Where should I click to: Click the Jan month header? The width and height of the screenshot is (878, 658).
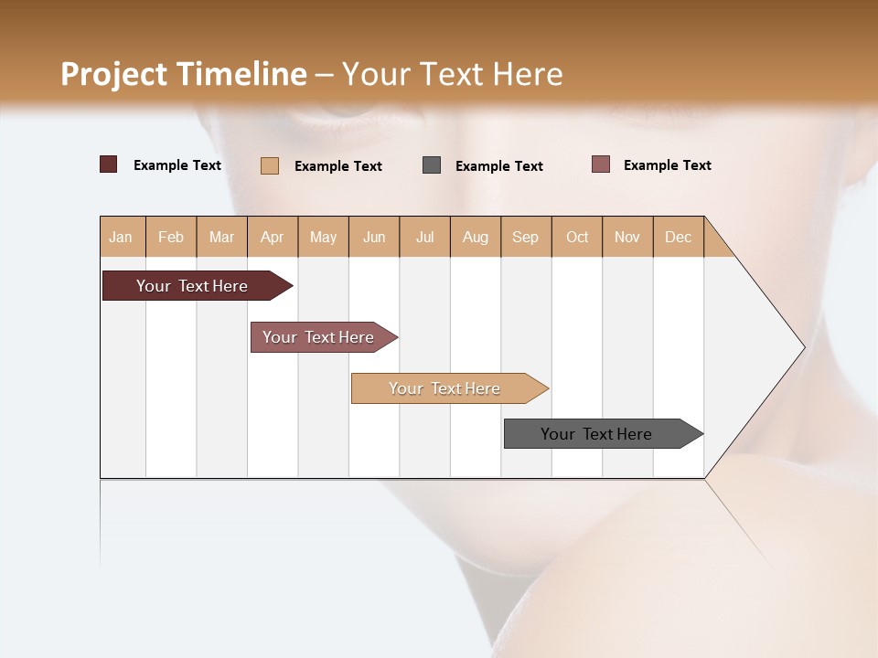pyautogui.click(x=121, y=237)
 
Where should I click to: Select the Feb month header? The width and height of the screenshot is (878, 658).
pyautogui.click(x=171, y=237)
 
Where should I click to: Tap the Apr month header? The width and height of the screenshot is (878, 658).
pyautogui.click(x=272, y=237)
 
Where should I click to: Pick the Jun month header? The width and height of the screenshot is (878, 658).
pyautogui.click(x=374, y=237)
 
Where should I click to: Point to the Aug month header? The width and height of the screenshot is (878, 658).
pyautogui.click(x=475, y=237)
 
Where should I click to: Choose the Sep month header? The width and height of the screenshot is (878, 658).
pyautogui.click(x=525, y=237)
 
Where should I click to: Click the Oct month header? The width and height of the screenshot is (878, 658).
pyautogui.click(x=577, y=237)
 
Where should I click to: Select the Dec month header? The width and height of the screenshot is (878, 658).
pyautogui.click(x=678, y=237)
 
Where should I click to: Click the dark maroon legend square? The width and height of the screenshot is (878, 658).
pyautogui.click(x=108, y=164)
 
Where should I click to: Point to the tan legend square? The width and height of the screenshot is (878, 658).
pyautogui.click(x=269, y=165)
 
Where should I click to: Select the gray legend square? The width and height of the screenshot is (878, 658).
pyautogui.click(x=432, y=165)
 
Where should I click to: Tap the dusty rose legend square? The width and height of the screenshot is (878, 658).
pyautogui.click(x=600, y=164)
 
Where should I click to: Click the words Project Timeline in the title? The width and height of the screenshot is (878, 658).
pyautogui.click(x=183, y=74)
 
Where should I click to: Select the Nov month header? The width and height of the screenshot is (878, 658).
pyautogui.click(x=626, y=237)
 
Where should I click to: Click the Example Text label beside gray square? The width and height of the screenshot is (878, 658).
pyautogui.click(x=498, y=166)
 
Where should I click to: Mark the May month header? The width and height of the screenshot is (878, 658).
pyautogui.click(x=323, y=237)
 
